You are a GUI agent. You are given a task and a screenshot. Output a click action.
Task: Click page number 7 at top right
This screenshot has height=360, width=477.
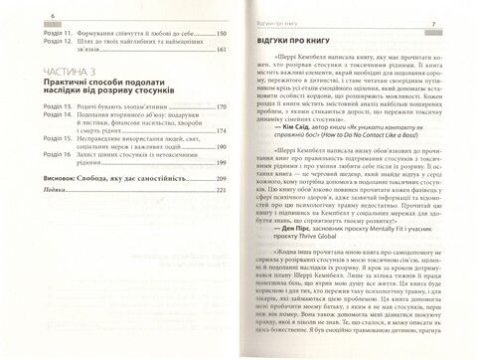point(462,23)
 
